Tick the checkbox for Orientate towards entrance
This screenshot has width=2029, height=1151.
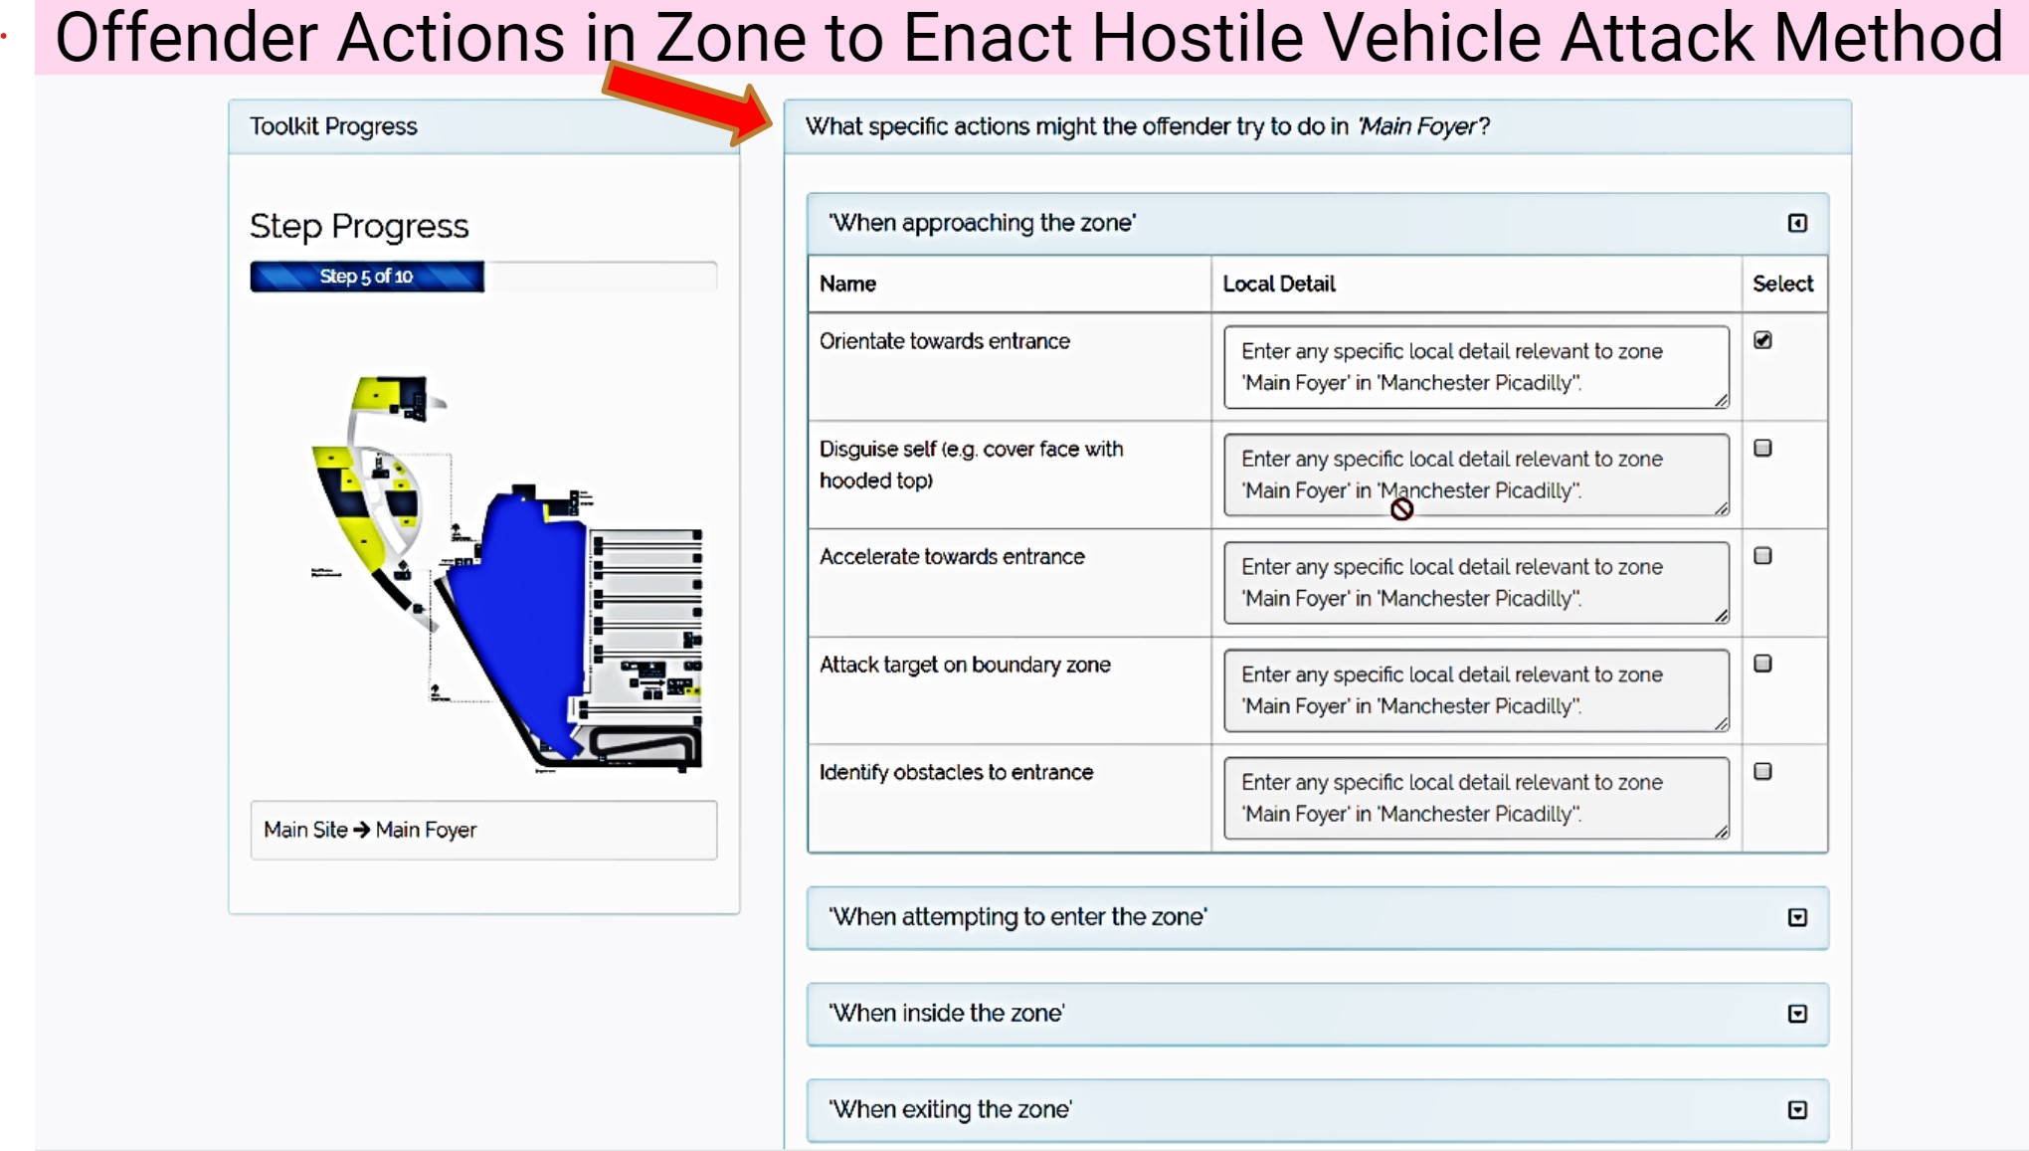[x=1762, y=340]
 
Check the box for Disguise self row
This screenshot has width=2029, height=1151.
[x=1762, y=448]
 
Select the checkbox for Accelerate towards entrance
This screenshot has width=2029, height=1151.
[x=1762, y=556]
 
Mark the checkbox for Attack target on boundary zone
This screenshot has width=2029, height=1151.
[x=1762, y=664]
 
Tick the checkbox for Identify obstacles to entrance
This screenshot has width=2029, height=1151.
[x=1762, y=771]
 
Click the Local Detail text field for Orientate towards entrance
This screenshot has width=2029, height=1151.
[x=1476, y=367]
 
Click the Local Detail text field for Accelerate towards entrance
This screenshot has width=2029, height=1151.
[x=1476, y=583]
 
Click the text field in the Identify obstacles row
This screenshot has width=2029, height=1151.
[x=1476, y=798]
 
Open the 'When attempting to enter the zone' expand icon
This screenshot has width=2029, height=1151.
[x=1797, y=917]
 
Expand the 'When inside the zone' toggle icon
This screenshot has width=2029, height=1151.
[x=1797, y=1014]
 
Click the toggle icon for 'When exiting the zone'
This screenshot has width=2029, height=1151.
[x=1797, y=1110]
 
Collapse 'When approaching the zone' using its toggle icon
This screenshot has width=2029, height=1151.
[x=1797, y=223]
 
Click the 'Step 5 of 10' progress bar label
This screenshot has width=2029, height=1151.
[x=366, y=277]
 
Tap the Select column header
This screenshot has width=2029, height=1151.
[x=1782, y=284]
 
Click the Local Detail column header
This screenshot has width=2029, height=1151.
[x=1279, y=284]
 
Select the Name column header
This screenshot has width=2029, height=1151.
[x=847, y=284]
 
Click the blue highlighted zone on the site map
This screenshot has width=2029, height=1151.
[x=522, y=617]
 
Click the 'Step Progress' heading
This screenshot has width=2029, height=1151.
[x=359, y=227]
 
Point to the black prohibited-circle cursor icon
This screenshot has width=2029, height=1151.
[x=1401, y=509]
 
